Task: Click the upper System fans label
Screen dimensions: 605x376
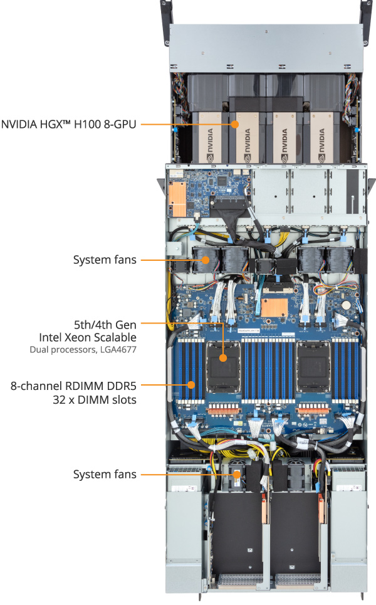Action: [105, 259]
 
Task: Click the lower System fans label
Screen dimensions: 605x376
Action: [105, 474]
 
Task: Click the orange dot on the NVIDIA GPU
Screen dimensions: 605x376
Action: [236, 124]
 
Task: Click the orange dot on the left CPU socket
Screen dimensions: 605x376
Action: [224, 358]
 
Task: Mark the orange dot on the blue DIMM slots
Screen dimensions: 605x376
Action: [191, 384]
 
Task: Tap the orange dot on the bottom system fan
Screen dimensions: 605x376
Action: [236, 475]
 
